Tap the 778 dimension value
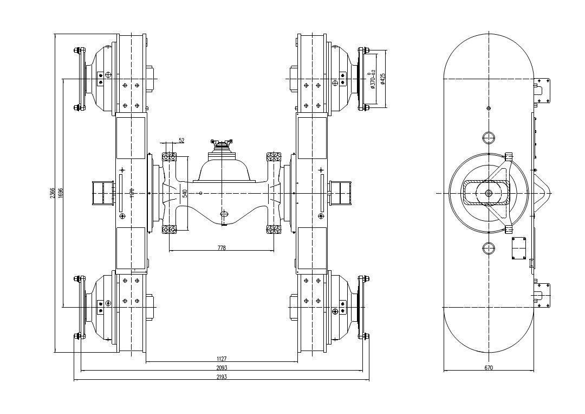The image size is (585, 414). pos(221,248)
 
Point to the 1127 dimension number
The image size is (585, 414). pos(221,359)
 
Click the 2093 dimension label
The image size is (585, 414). pos(221,367)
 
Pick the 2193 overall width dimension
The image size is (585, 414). pos(221,376)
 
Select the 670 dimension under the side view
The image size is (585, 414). pos(489,368)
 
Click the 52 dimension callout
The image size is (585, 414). pos(181,140)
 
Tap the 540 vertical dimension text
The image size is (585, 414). pos(185,193)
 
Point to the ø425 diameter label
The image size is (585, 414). pos(382,79)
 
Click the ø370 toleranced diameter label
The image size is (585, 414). pos(372,79)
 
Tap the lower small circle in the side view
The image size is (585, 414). pos(489,249)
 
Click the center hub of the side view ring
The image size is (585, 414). pos(489,193)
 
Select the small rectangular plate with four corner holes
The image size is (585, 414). pos(519,248)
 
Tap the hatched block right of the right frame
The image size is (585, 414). pos(342,193)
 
